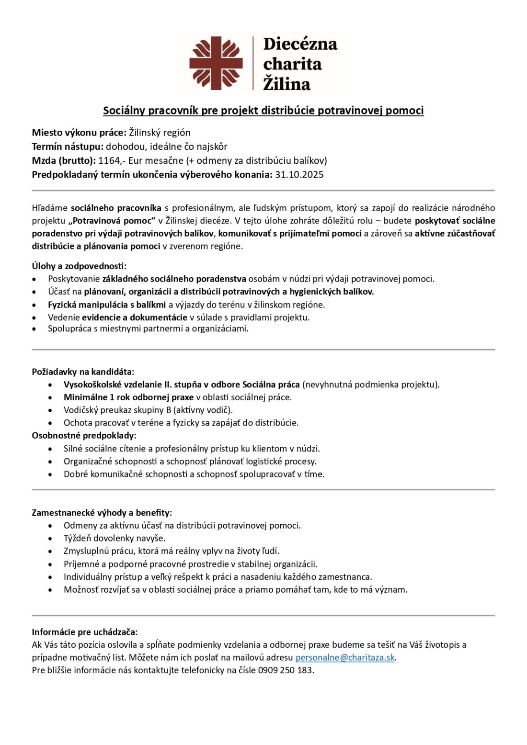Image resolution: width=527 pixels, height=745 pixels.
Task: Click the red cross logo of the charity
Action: pyautogui.click(x=216, y=63)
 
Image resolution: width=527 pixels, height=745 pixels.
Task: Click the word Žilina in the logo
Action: pyautogui.click(x=286, y=84)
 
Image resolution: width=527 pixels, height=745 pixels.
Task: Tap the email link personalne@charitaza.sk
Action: pyautogui.click(x=345, y=657)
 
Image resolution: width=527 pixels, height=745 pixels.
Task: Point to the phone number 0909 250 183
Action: pyautogui.click(x=285, y=670)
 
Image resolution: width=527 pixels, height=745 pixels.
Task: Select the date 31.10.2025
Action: pyautogui.click(x=299, y=174)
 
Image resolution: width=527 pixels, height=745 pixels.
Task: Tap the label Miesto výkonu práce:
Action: pyautogui.click(x=79, y=133)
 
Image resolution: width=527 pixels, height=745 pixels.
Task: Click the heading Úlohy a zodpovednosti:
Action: pyautogui.click(x=79, y=266)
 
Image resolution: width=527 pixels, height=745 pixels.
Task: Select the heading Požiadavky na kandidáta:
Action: pyautogui.click(x=83, y=372)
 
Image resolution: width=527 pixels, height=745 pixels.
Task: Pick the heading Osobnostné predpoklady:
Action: pyautogui.click(x=84, y=435)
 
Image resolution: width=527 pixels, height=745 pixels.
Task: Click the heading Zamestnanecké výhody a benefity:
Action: pyautogui.click(x=102, y=512)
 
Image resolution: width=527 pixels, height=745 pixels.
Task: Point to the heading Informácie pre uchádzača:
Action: pyautogui.click(x=84, y=632)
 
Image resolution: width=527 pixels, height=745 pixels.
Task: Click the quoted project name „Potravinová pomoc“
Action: pyautogui.click(x=112, y=221)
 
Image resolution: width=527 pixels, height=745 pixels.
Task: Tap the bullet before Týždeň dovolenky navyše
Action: pyautogui.click(x=50, y=539)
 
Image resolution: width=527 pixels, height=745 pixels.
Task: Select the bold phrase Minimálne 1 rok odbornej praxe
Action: pyautogui.click(x=128, y=397)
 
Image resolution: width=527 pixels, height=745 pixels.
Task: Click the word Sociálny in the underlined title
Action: pyautogui.click(x=124, y=111)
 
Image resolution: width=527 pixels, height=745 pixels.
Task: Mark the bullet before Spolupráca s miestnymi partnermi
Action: pyautogui.click(x=34, y=329)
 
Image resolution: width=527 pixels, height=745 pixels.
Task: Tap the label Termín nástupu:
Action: pyautogui.click(x=68, y=147)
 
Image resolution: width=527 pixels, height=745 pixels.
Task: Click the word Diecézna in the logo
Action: pyautogui.click(x=300, y=44)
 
